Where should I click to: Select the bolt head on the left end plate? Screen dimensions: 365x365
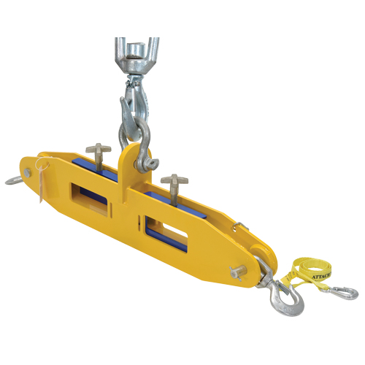pyautogui.click(x=27, y=172)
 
